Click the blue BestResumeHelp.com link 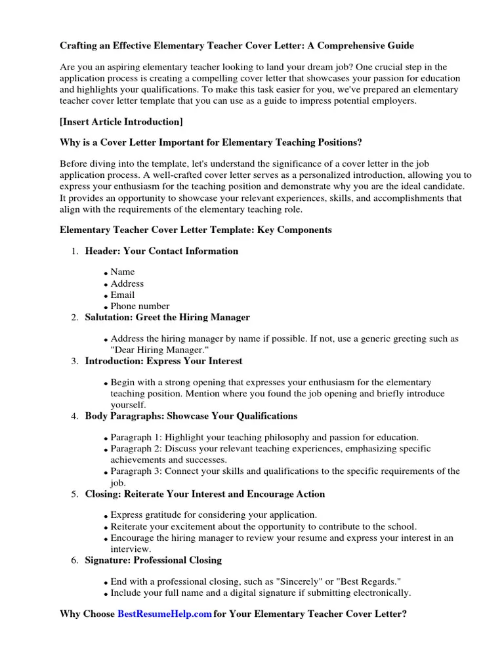(x=165, y=614)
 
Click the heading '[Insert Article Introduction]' (x=121, y=121)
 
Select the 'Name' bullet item (x=123, y=272)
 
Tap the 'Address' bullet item (x=127, y=283)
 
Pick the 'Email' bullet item (x=123, y=295)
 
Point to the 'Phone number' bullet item (x=140, y=306)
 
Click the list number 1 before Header (x=73, y=251)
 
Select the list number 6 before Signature (x=73, y=560)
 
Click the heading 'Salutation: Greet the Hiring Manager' (x=167, y=317)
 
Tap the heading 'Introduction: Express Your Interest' (x=163, y=361)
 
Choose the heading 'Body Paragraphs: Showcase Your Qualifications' (x=191, y=415)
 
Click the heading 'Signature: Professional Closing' (x=154, y=560)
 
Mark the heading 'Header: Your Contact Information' (x=161, y=251)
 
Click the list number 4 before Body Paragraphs (x=73, y=416)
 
